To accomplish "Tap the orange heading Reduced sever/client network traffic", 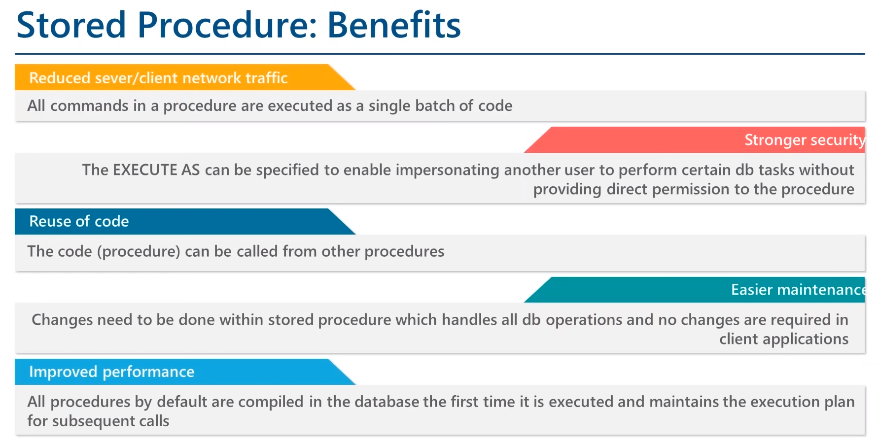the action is click(x=158, y=78).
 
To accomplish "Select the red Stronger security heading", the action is click(x=805, y=140).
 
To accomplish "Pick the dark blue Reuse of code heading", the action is click(x=79, y=221).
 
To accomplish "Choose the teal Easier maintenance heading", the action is click(x=798, y=290).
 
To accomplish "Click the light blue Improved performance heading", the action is click(x=112, y=372).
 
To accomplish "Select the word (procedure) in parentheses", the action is click(x=139, y=251).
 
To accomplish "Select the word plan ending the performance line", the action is click(x=840, y=402).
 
